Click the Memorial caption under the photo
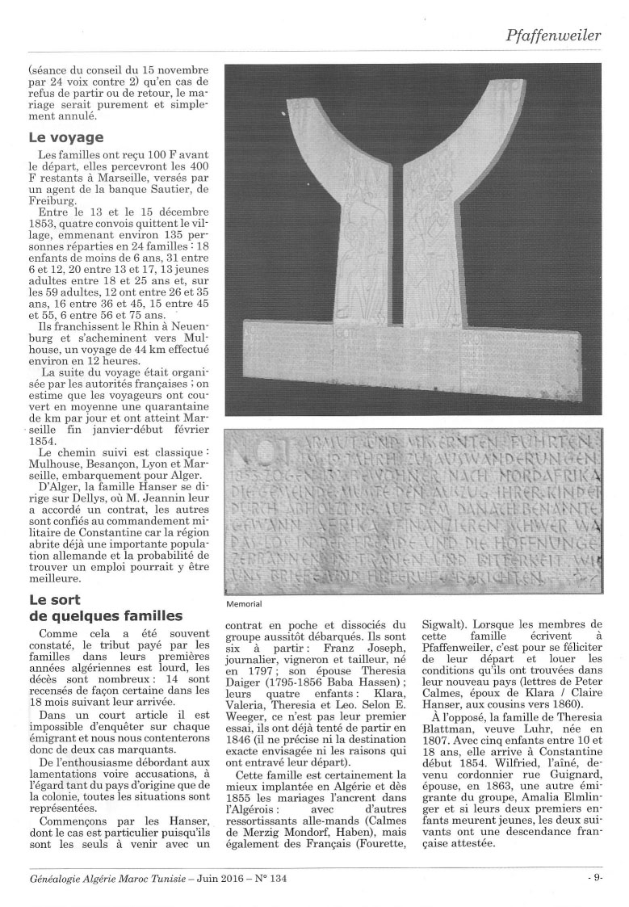[x=245, y=603]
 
